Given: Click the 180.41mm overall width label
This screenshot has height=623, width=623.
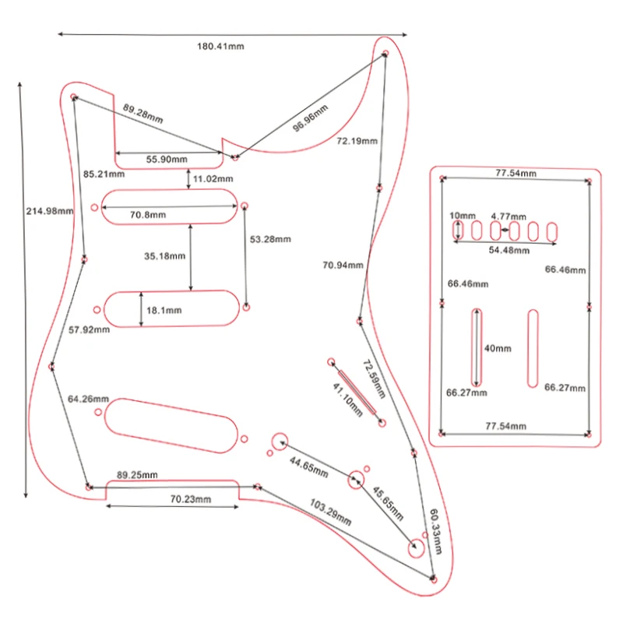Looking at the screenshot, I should pyautogui.click(x=220, y=47).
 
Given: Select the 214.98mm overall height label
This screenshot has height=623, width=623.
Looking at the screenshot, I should pyautogui.click(x=50, y=211).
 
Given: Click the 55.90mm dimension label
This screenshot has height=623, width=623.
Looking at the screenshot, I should pyautogui.click(x=167, y=160).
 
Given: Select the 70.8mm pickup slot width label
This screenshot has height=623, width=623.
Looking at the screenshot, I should pyautogui.click(x=148, y=215).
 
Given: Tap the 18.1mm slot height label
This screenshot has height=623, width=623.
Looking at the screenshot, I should pyautogui.click(x=164, y=310).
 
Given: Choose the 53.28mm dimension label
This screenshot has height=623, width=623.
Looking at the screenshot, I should pyautogui.click(x=271, y=238).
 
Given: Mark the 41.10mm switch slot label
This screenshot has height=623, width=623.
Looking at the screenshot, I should pyautogui.click(x=348, y=400).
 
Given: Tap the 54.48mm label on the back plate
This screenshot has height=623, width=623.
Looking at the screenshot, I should pyautogui.click(x=508, y=251).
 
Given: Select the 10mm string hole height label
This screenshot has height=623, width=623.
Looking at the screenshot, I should pyautogui.click(x=462, y=215).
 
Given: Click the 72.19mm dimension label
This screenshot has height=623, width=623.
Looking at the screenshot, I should pyautogui.click(x=357, y=141).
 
